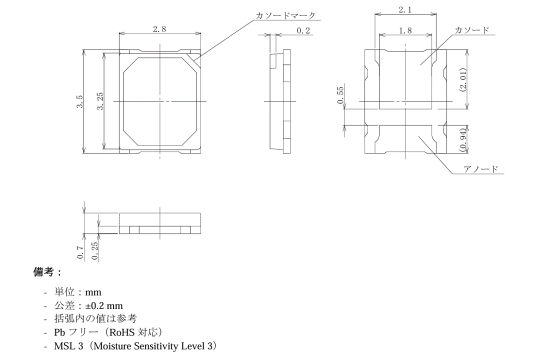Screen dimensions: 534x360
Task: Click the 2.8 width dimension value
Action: coord(159,29)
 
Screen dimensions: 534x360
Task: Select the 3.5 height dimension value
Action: coord(79,101)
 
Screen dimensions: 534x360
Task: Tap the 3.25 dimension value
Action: coord(100,101)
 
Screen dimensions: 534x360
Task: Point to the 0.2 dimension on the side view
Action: coord(303,30)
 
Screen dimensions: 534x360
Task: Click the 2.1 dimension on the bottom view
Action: coord(405,10)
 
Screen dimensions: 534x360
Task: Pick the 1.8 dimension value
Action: coord(405,30)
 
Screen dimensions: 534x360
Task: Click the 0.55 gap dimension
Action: coord(340,95)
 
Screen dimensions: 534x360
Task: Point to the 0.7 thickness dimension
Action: coord(80,252)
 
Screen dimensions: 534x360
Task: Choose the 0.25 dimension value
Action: coord(95,250)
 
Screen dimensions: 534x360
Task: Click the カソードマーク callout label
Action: coord(285,15)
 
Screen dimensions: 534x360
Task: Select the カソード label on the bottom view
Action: coord(471,30)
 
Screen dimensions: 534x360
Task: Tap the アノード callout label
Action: coord(480,169)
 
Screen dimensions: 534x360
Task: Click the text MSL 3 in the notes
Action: coord(68,346)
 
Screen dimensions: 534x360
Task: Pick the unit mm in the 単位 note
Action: coord(93,292)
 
